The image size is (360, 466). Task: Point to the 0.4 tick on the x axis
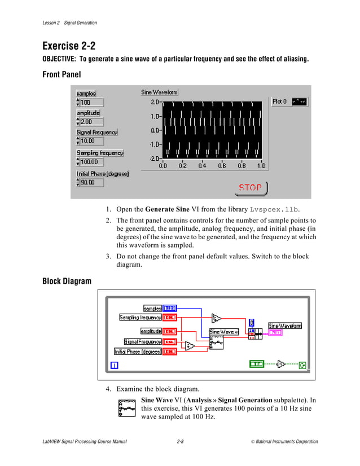pyautogui.click(x=202, y=166)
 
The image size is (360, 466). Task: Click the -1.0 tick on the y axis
pyautogui.click(x=155, y=144)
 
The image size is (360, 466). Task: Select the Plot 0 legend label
pyautogui.click(x=280, y=102)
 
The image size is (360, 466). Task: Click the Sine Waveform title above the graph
pyautogui.click(x=159, y=92)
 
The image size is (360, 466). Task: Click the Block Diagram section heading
pyautogui.click(x=67, y=281)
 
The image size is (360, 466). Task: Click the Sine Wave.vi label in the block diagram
pyautogui.click(x=224, y=332)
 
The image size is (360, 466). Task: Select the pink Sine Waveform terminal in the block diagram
pyautogui.click(x=276, y=333)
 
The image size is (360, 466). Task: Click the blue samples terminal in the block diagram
pyautogui.click(x=170, y=308)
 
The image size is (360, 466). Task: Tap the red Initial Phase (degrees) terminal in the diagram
pyautogui.click(x=170, y=351)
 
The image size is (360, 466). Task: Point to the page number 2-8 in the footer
pyautogui.click(x=180, y=442)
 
